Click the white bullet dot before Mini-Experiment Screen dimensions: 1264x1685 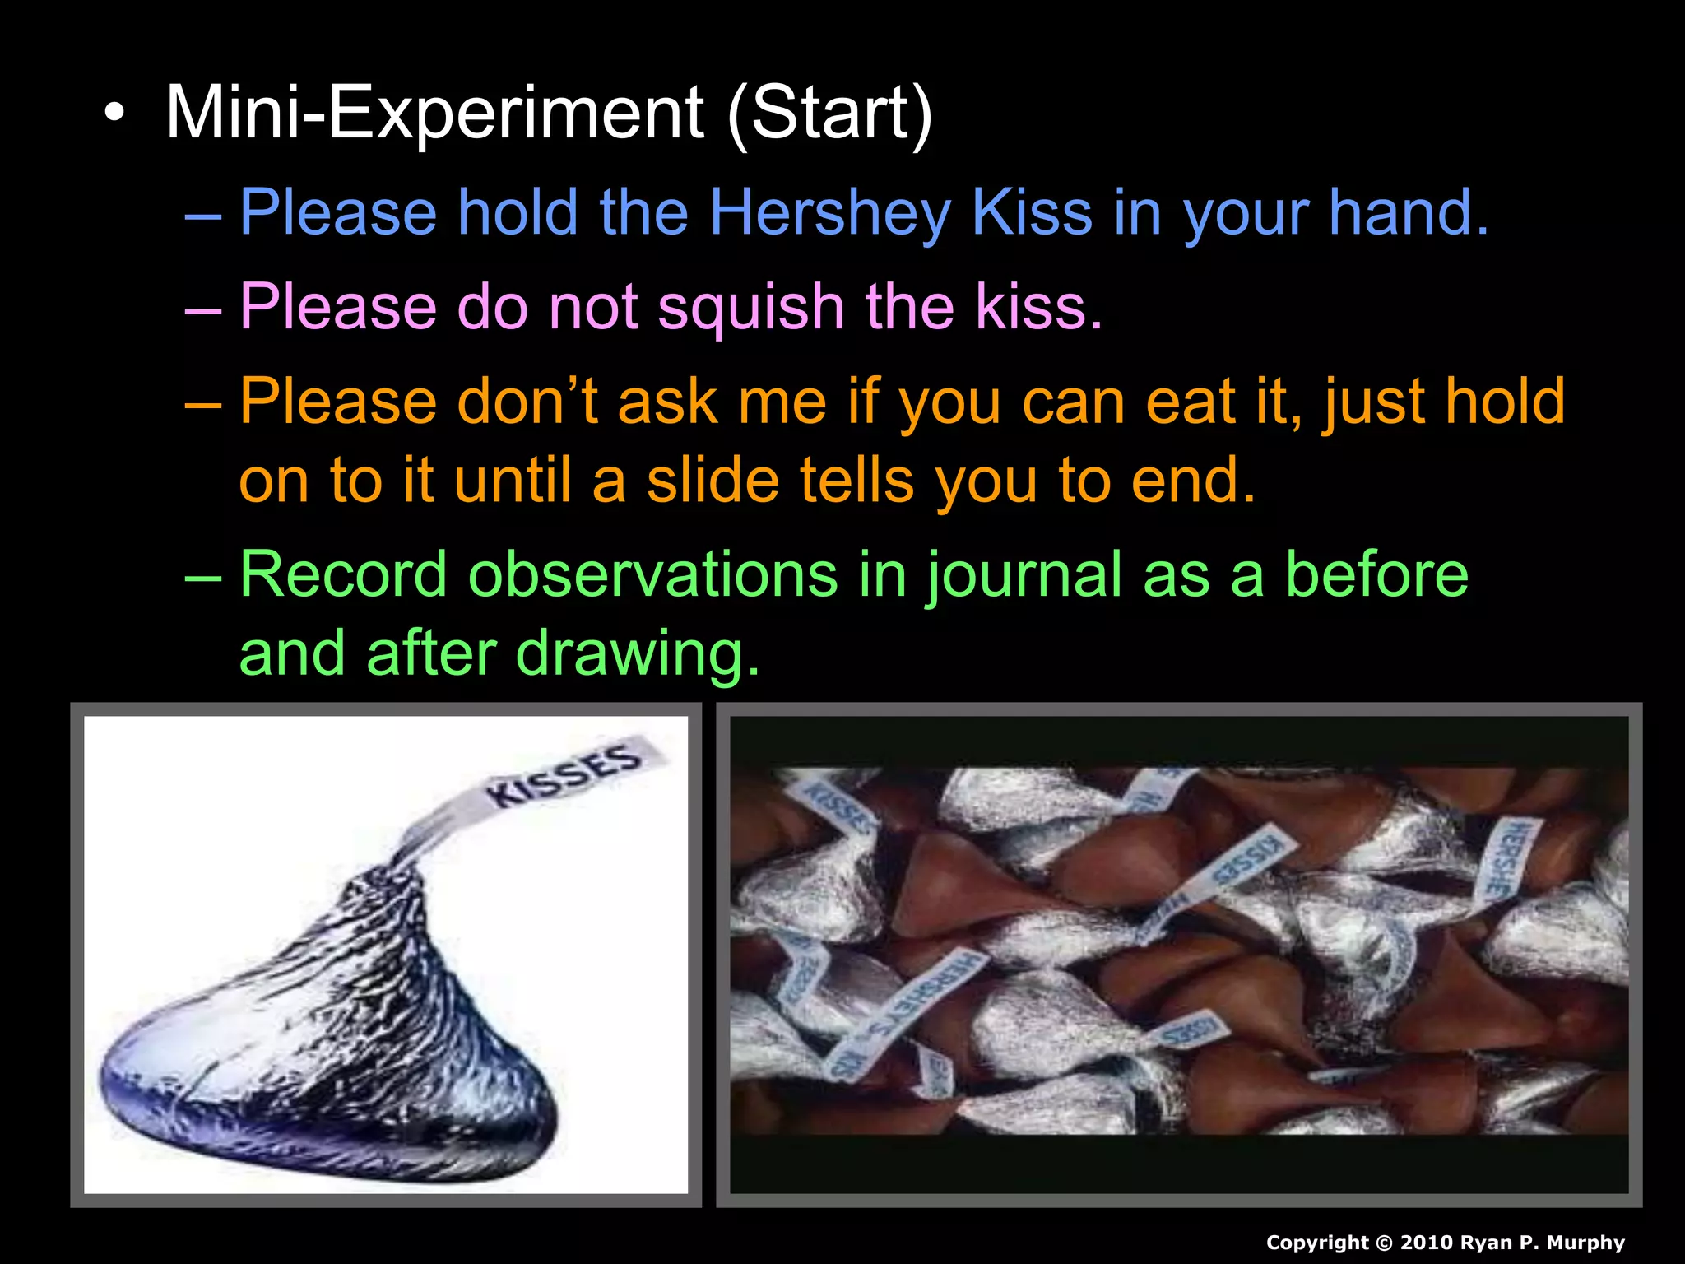tap(115, 114)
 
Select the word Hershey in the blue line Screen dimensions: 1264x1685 tap(829, 213)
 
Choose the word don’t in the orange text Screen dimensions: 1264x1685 tap(527, 402)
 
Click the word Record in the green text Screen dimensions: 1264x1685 tap(343, 574)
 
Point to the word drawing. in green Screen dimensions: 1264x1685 tap(638, 653)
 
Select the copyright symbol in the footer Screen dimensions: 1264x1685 tap(1384, 1243)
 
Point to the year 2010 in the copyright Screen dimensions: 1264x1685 tap(1425, 1243)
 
